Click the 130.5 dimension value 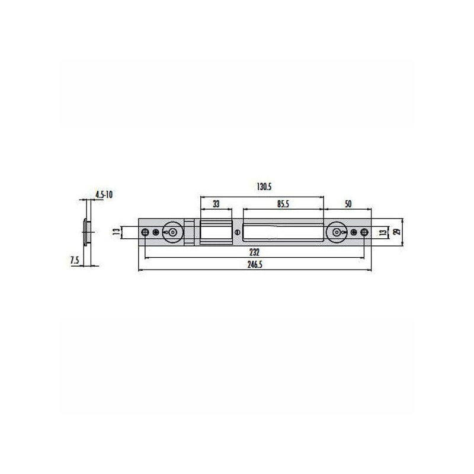pyautogui.click(x=264, y=187)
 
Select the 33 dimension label pyautogui.click(x=216, y=204)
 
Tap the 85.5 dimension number pyautogui.click(x=283, y=204)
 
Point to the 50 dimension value pyautogui.click(x=348, y=204)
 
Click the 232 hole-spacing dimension pyautogui.click(x=255, y=252)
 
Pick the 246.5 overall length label pyautogui.click(x=255, y=264)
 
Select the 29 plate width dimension pyautogui.click(x=398, y=232)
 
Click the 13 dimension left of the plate pyautogui.click(x=116, y=232)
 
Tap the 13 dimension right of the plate pyautogui.click(x=383, y=232)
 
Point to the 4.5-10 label pyautogui.click(x=104, y=194)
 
